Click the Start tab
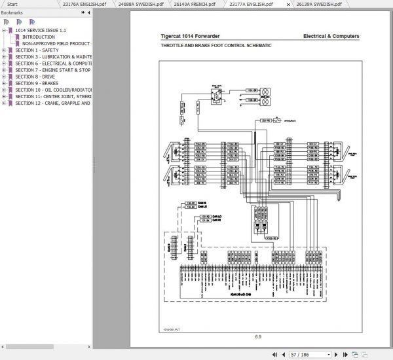(12, 4)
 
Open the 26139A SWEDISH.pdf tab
(322, 4)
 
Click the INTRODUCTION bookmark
(39, 37)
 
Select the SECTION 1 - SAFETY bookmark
(37, 50)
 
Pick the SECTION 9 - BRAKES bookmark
(36, 83)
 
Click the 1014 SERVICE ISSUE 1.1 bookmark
(41, 31)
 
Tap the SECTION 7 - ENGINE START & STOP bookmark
(52, 70)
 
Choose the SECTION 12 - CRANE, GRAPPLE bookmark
(52, 103)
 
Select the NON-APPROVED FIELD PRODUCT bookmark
(56, 43)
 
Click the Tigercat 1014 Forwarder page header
(190, 36)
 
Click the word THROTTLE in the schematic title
(174, 46)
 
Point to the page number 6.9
(258, 337)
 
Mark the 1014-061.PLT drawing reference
(172, 329)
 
